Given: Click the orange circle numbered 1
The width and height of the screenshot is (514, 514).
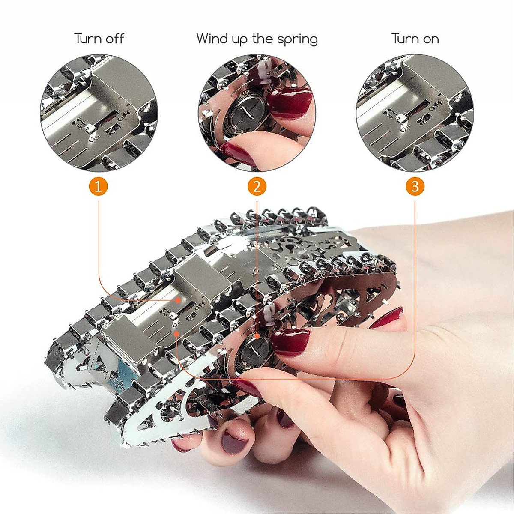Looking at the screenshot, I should (x=99, y=187).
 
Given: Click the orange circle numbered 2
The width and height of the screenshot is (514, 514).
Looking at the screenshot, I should (x=257, y=187).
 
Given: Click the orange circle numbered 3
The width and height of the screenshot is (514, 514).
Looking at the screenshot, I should (x=415, y=187).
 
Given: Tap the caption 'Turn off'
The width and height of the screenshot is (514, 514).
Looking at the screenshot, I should (x=99, y=39).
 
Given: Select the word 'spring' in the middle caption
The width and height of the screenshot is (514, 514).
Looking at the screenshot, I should (x=297, y=40).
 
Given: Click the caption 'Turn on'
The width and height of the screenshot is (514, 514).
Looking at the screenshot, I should (x=415, y=39).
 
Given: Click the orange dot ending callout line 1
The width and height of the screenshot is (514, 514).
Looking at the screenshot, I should (x=177, y=301).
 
